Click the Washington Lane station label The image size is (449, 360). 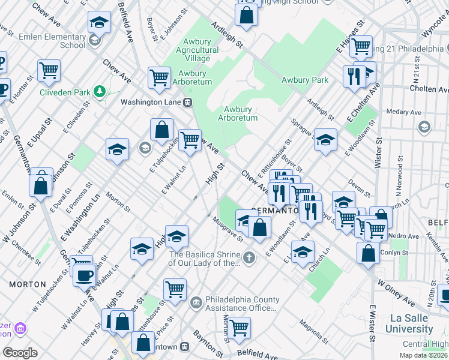click(x=151, y=102)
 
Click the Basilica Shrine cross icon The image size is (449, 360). click(x=249, y=258)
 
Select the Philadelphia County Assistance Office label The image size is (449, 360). click(x=242, y=304)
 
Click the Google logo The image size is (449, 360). click(x=20, y=353)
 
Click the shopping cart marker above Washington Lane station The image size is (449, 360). click(x=159, y=77)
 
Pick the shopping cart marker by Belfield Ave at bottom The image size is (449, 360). click(x=239, y=327)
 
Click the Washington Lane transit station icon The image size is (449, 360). click(x=188, y=102)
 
